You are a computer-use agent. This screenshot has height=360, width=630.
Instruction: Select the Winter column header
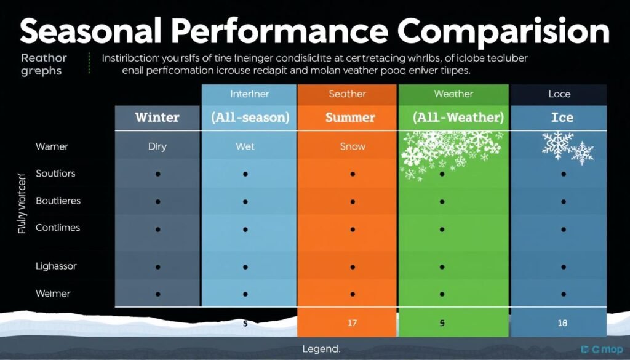tap(157, 117)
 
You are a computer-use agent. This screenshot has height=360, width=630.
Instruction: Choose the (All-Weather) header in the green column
tap(453, 117)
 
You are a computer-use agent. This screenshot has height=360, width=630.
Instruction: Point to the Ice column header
tap(562, 117)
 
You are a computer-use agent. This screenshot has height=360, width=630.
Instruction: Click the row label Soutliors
tap(55, 174)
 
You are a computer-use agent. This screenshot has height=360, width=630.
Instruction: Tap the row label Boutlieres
tap(58, 201)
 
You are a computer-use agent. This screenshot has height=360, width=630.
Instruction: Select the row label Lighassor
tap(56, 266)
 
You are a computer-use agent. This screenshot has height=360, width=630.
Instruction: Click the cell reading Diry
tap(157, 146)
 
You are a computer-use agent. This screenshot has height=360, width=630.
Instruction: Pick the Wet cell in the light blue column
tap(245, 146)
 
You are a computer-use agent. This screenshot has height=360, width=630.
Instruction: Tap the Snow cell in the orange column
tap(353, 146)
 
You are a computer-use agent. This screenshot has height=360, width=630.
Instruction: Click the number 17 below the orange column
tap(353, 322)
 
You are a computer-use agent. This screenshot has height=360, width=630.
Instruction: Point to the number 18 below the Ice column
tap(563, 322)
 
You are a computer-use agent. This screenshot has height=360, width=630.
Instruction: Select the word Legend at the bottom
tap(321, 349)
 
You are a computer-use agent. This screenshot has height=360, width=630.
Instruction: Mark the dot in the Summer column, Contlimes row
tap(353, 228)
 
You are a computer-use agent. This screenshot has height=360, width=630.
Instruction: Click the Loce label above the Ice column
tap(559, 94)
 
